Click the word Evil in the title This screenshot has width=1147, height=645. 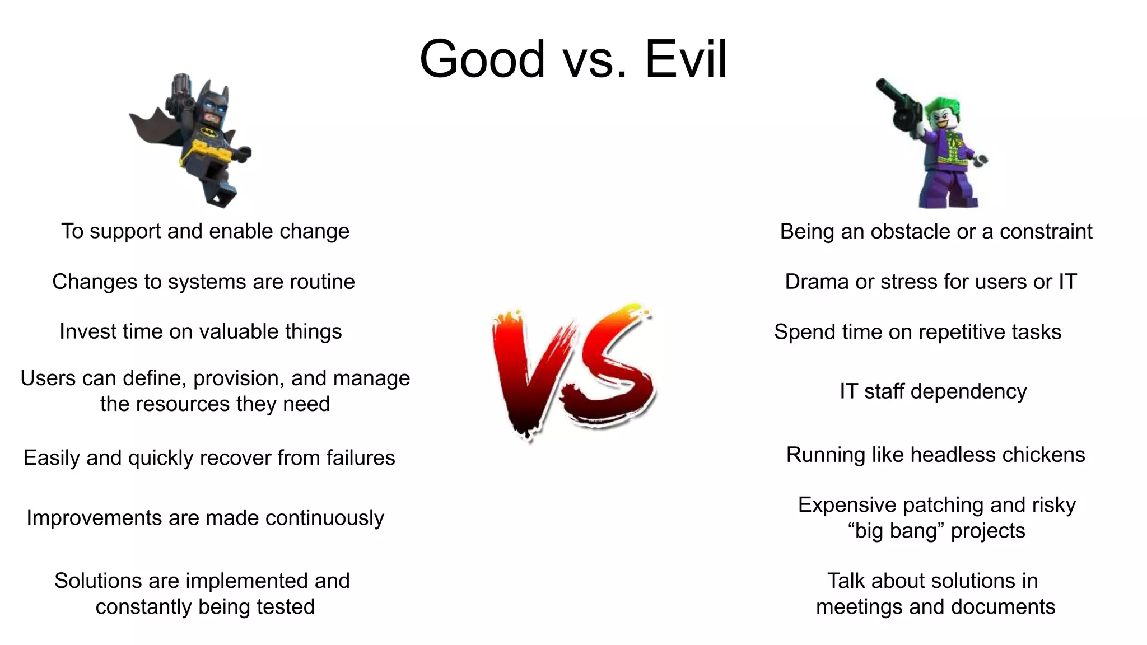pos(686,59)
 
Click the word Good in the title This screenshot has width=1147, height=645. pos(482,59)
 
